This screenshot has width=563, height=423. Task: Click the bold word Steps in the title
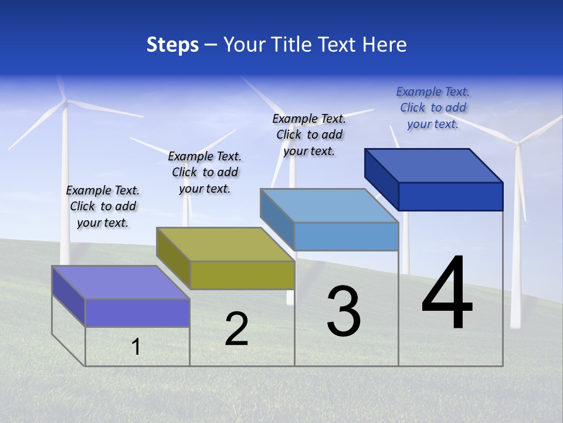[x=172, y=45]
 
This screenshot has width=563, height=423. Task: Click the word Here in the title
[x=385, y=45]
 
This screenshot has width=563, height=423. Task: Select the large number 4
[x=447, y=294]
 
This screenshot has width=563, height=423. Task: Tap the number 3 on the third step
[x=344, y=311]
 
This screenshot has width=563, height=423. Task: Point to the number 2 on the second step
[x=237, y=329]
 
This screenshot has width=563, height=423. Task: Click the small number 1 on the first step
[x=136, y=347]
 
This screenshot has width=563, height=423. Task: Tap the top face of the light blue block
[x=330, y=206]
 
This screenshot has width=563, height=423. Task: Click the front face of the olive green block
[x=242, y=275]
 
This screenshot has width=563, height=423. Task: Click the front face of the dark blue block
[x=450, y=196]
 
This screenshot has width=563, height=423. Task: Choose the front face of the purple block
[x=137, y=313]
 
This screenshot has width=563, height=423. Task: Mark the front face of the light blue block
[x=346, y=236]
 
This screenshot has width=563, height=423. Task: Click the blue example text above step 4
[x=433, y=108]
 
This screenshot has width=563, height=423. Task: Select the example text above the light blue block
[x=309, y=135]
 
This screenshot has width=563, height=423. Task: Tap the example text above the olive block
[x=205, y=172]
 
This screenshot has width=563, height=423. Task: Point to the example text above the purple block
[x=103, y=206]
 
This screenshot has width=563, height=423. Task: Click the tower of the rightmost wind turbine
[x=517, y=247]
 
